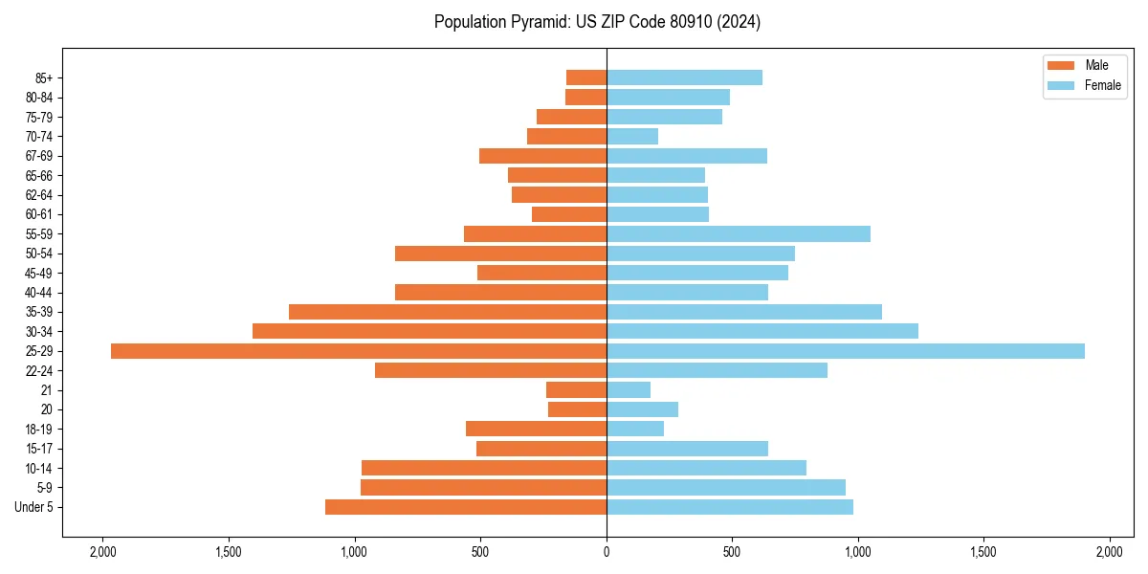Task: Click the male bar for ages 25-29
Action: pyautogui.click(x=359, y=351)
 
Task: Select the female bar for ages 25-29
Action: pyautogui.click(x=846, y=351)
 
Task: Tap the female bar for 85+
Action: pyautogui.click(x=684, y=77)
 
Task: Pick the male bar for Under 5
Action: pyautogui.click(x=466, y=507)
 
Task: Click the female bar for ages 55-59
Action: pyautogui.click(x=739, y=234)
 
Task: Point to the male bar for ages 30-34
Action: pyautogui.click(x=430, y=331)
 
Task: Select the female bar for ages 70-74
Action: pyautogui.click(x=632, y=137)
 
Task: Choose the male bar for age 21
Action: pyautogui.click(x=576, y=390)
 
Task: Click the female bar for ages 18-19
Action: pyautogui.click(x=635, y=429)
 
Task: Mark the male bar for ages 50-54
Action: pyautogui.click(x=500, y=254)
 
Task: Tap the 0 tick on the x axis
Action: pyautogui.click(x=607, y=552)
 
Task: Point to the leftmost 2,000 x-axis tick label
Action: pyautogui.click(x=102, y=552)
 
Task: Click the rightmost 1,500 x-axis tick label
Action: pyautogui.click(x=983, y=552)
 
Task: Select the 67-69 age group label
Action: pyautogui.click(x=39, y=156)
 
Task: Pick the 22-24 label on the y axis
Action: pyautogui.click(x=39, y=371)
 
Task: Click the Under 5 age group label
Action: pyautogui.click(x=34, y=507)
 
